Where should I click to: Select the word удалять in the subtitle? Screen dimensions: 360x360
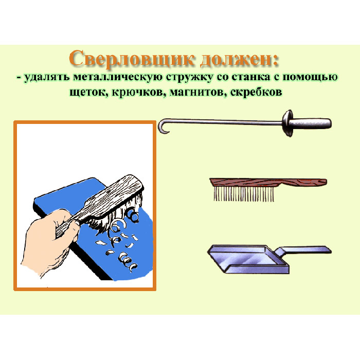coord(47,78)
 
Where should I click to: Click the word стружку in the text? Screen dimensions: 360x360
coord(190,78)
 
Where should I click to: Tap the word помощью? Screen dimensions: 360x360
coord(310,78)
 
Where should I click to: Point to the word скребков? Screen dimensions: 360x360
coord(256,92)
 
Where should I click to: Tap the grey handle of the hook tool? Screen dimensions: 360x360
coord(311,123)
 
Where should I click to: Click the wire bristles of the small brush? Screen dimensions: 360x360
coord(244,193)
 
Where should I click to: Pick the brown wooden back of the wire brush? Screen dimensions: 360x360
coord(268,182)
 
